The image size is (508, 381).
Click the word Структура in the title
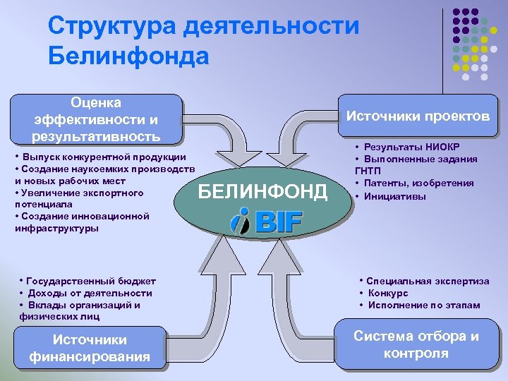pyautogui.click(x=112, y=27)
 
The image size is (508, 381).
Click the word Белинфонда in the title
pyautogui.click(x=128, y=55)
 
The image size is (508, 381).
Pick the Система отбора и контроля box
pyautogui.click(x=416, y=344)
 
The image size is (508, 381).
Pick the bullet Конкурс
pyautogui.click(x=387, y=293)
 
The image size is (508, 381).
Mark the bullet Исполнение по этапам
pyautogui.click(x=423, y=305)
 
